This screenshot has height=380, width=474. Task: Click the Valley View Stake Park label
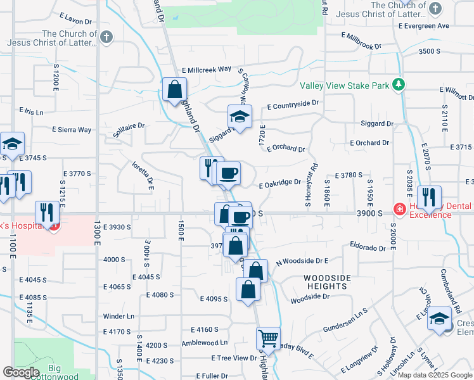point(343,85)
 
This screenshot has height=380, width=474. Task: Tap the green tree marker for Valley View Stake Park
point(397,84)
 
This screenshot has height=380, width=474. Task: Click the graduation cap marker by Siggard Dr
point(240,117)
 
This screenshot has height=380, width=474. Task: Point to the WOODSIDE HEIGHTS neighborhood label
point(326,282)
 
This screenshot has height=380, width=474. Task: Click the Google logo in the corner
point(21,372)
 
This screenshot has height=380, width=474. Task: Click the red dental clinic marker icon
point(399,208)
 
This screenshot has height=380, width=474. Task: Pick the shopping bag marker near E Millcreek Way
point(174,89)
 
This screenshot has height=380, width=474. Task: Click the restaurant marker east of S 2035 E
point(430,198)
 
